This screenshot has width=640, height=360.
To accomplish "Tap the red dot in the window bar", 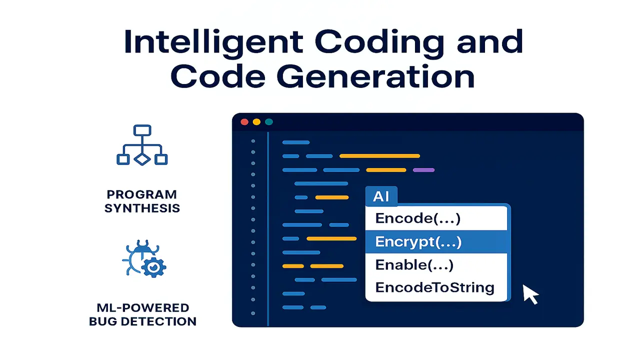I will pos(244,122).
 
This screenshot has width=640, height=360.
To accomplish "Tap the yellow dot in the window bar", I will pos(256,122).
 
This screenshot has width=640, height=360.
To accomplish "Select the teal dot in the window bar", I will pos(269,122).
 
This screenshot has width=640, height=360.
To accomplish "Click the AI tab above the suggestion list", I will pos(381,196).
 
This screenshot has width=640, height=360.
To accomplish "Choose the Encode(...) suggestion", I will pos(417,218).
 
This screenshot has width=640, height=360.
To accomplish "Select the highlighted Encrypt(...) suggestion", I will pos(418,242).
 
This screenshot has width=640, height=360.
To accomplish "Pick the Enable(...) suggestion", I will pos(414,265).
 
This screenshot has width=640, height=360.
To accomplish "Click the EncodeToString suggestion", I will pos(434,287).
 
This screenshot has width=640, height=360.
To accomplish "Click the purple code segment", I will pos(423,170).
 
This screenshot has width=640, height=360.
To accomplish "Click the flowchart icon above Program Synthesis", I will pos(142,145).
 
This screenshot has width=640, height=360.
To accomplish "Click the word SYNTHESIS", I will pos(142,208).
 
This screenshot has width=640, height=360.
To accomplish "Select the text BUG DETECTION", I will pos(142,321).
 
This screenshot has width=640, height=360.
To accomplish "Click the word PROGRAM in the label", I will pos(142,194).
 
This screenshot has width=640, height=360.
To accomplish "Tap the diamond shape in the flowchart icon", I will pos(142,159).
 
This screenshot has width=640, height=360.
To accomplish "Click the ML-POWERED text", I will pos(142,307).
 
